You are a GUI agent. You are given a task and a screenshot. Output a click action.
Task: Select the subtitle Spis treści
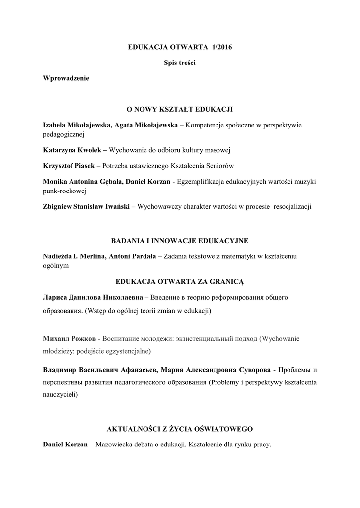(x=180, y=63)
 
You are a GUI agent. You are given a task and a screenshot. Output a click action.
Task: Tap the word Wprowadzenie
(x=66, y=78)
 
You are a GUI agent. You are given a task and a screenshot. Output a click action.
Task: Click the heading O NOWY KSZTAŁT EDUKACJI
(x=180, y=109)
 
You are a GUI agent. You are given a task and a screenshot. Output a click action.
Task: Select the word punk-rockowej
(x=65, y=190)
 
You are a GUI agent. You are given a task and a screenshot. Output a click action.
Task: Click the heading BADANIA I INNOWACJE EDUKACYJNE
(x=180, y=241)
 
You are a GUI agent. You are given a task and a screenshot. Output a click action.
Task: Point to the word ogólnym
(x=56, y=265)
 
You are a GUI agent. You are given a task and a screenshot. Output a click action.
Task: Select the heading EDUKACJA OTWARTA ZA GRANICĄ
(x=180, y=281)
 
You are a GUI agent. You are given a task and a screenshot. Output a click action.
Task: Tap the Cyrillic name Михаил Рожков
(x=70, y=338)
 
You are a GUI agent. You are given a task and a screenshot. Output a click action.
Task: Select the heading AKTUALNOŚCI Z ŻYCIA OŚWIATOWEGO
(x=180, y=428)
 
